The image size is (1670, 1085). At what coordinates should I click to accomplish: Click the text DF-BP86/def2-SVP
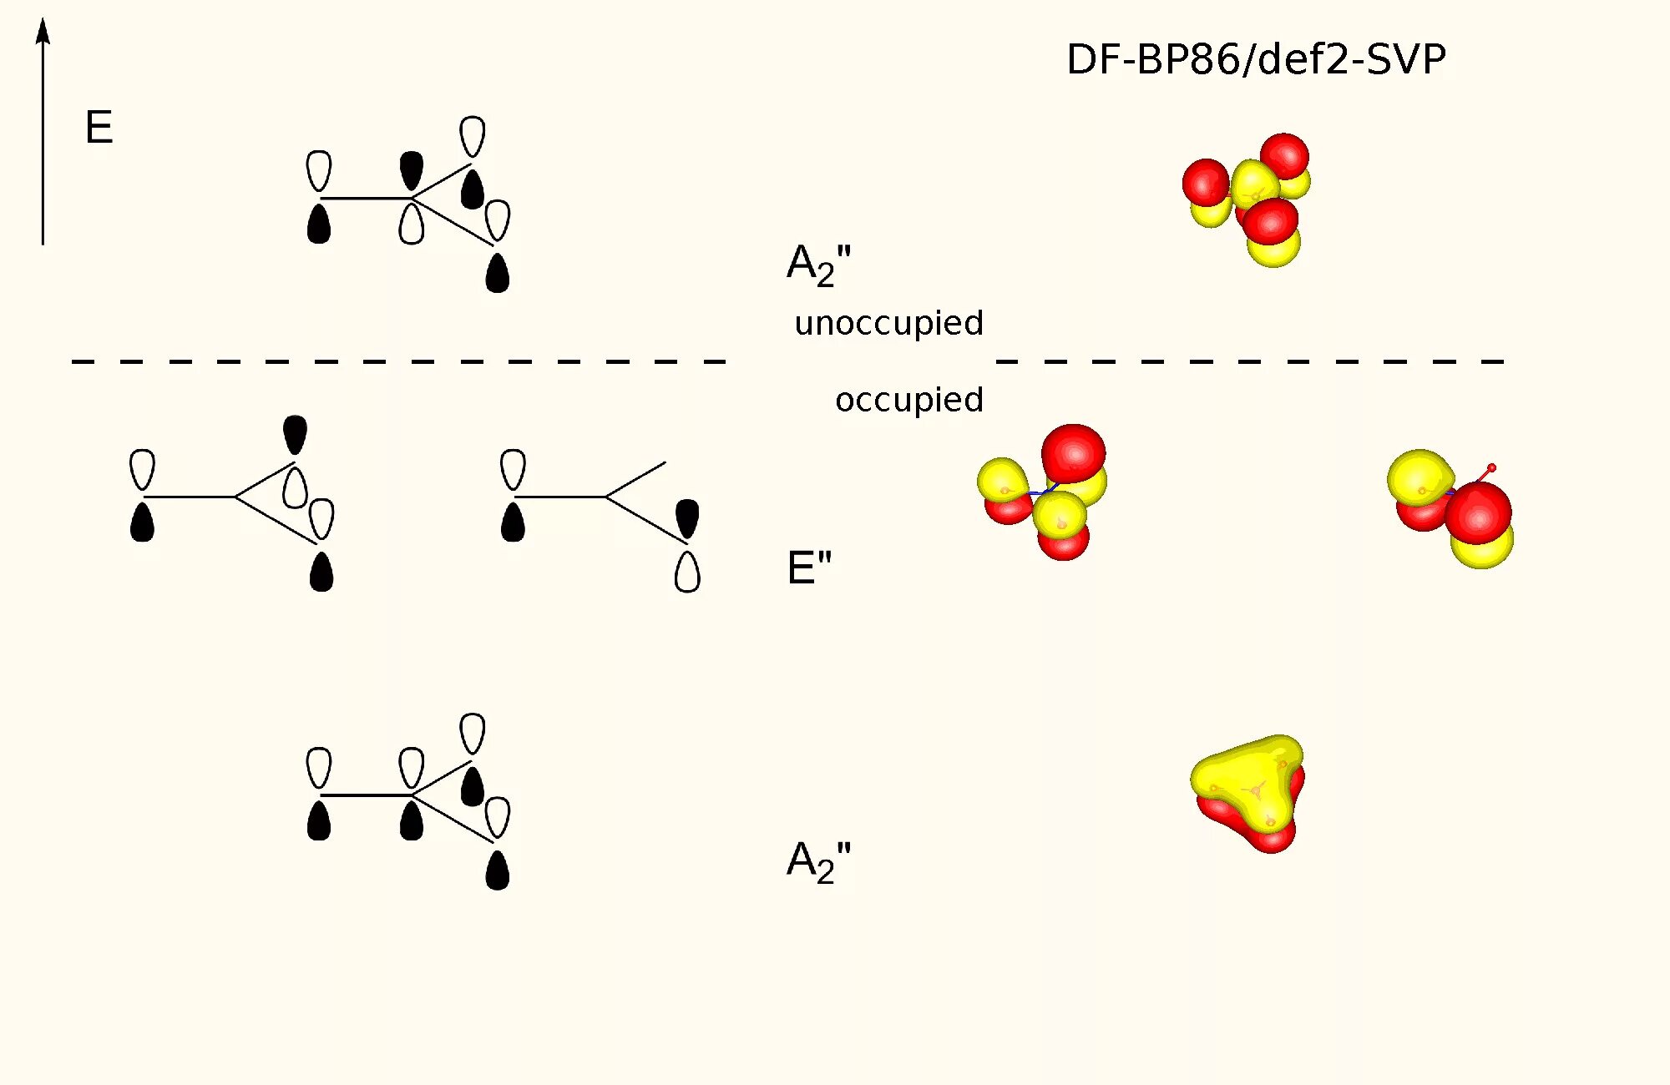(1256, 59)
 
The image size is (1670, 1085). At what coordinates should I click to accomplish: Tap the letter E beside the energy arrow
(99, 128)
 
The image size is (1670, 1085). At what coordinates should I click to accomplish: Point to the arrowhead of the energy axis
(43, 32)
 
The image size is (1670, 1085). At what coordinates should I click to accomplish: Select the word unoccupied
(888, 323)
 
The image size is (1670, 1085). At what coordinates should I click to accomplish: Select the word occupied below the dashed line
(908, 400)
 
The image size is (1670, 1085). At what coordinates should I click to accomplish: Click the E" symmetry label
(809, 568)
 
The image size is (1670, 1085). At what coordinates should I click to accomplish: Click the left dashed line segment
(398, 361)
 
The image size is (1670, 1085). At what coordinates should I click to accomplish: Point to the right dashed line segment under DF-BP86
(1249, 361)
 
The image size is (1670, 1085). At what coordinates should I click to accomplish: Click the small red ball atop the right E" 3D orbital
(1491, 467)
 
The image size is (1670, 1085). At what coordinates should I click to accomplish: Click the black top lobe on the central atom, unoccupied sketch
(411, 169)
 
